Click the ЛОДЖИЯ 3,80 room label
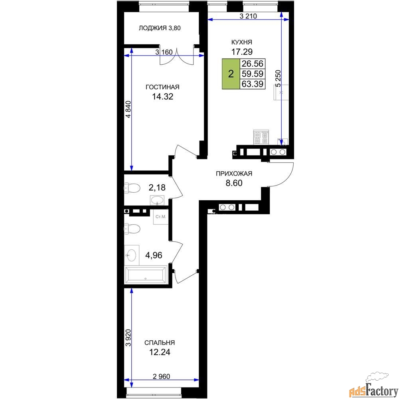click(160, 28)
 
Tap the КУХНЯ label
click(241, 42)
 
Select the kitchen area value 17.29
click(242, 51)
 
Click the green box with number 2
click(231, 74)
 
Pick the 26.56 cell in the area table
click(253, 63)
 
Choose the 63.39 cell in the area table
click(253, 84)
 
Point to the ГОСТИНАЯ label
click(162, 87)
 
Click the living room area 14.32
click(163, 97)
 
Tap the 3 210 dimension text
click(248, 16)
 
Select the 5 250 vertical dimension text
click(279, 79)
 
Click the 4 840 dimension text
click(129, 109)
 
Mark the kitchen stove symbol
click(261, 137)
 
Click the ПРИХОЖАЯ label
click(234, 174)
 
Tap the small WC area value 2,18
click(157, 188)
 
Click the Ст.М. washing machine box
click(160, 217)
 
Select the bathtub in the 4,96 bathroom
click(146, 275)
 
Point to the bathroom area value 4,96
click(154, 255)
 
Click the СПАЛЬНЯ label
click(160, 343)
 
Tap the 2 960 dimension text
click(161, 376)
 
